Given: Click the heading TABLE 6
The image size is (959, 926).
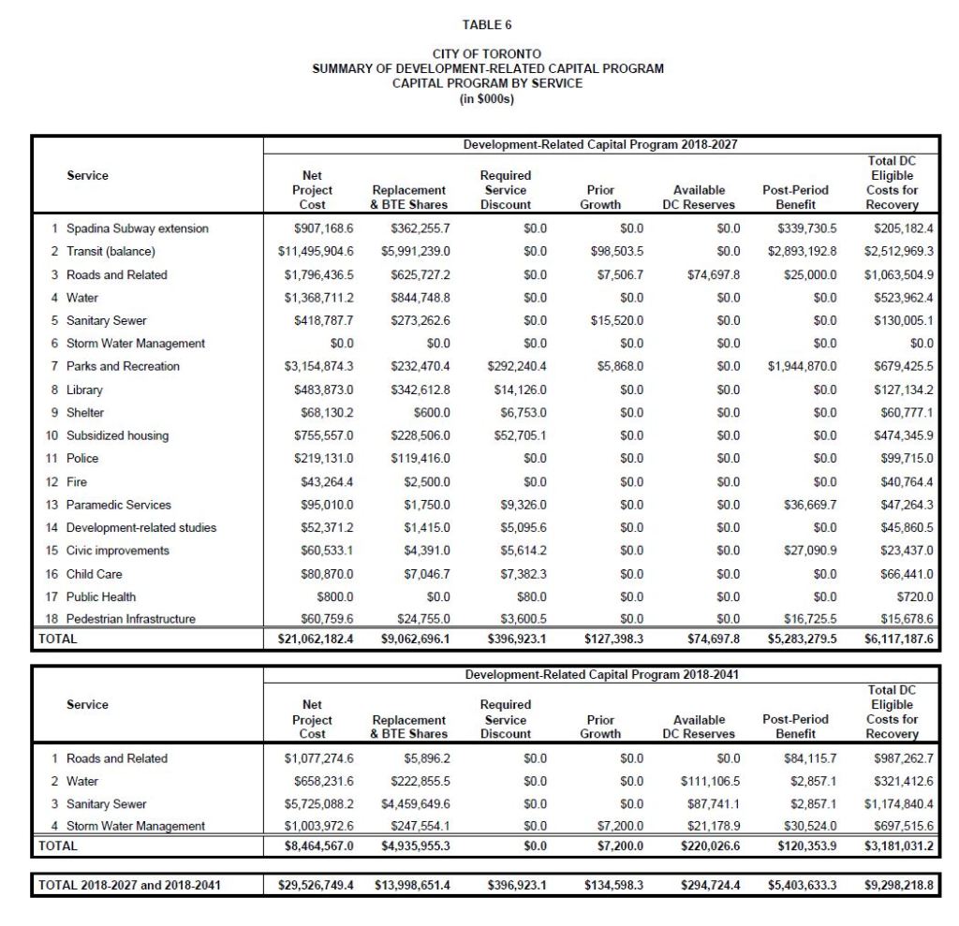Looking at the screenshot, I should (487, 25).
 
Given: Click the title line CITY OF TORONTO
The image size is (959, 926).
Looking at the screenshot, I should (487, 54).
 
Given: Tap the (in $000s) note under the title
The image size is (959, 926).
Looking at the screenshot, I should (487, 97).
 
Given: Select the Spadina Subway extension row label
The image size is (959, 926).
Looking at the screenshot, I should (137, 228).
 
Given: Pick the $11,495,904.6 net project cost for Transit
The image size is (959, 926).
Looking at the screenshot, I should (316, 252).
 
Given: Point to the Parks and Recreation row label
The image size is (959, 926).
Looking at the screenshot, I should (123, 366).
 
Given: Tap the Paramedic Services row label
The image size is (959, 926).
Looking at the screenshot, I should (119, 505).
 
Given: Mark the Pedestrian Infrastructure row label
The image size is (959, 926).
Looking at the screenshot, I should (131, 619).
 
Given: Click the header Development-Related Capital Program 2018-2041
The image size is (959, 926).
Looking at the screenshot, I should (604, 674).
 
